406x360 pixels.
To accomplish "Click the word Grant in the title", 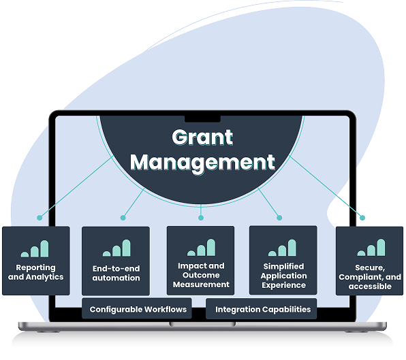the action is [202, 137].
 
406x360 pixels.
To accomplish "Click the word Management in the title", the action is [202, 163].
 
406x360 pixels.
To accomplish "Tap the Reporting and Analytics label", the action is [35, 272].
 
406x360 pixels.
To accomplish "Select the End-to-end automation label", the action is [116, 273].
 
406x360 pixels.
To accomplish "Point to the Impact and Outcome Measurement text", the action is [201, 275].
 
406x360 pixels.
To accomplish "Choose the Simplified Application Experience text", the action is [283, 276].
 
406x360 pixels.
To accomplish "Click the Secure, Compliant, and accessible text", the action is [370, 277].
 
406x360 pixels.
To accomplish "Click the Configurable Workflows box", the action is [137, 308].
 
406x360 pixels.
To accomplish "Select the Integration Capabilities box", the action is [262, 308].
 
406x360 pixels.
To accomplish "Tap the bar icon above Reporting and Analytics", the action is [35, 249].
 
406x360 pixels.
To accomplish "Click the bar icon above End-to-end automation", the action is [116, 248].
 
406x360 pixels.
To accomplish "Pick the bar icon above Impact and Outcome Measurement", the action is [201, 248].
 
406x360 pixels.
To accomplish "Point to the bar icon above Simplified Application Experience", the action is [282, 248].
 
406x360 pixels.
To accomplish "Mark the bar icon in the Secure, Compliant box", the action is [371, 248].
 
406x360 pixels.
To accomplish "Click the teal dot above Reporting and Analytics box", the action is [40, 218].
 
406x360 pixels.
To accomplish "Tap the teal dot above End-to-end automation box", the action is [123, 218].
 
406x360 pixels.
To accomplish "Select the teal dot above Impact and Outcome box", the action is [201, 218].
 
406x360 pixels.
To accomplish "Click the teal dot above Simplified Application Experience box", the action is [279, 218].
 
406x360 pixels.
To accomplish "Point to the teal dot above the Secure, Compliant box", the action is [362, 218].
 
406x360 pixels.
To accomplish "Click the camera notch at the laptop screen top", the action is [202, 119].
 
